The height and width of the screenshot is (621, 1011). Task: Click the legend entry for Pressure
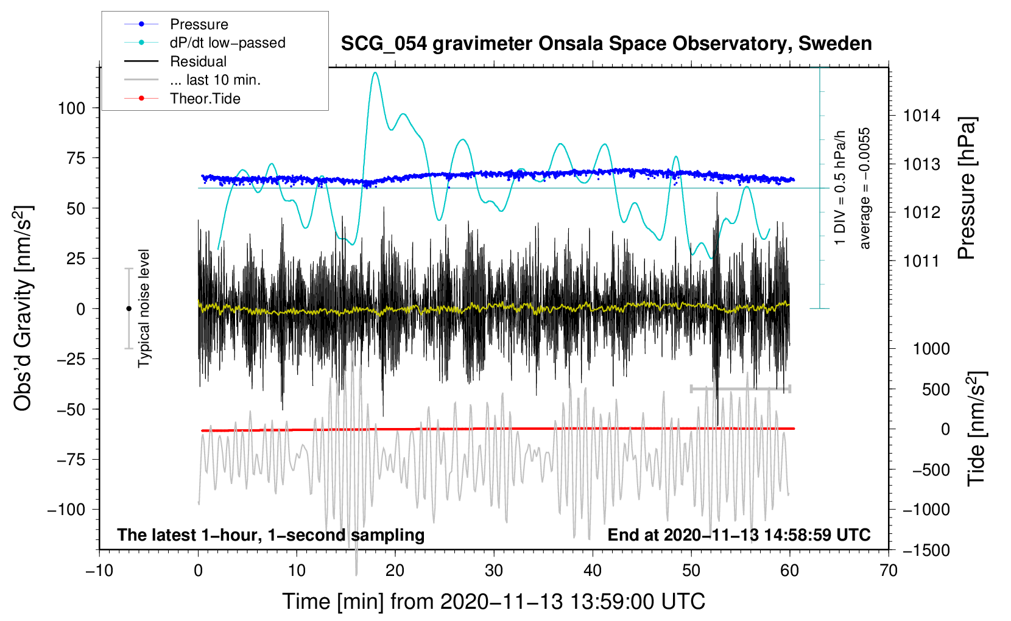[199, 24]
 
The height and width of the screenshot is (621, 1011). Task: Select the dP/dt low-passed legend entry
[227, 43]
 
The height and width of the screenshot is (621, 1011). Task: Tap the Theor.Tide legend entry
[205, 99]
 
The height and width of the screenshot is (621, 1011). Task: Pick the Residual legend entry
[198, 61]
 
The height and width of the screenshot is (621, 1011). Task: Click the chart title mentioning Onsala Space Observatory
[606, 44]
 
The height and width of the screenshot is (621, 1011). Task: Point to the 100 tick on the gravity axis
[71, 108]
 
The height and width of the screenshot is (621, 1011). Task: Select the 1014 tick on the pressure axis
[921, 116]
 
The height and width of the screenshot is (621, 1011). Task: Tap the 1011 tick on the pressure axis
[921, 261]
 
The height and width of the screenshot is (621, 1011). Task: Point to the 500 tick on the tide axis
[935, 390]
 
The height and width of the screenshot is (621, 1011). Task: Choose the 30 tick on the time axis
[494, 570]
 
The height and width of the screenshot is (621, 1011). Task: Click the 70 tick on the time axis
[889, 570]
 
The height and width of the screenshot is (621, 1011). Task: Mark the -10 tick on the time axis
[99, 570]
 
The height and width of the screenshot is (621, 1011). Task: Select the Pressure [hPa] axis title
[967, 188]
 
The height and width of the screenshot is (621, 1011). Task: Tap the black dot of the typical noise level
[129, 309]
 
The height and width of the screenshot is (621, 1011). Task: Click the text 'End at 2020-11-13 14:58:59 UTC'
[739, 535]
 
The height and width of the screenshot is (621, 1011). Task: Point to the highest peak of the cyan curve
[375, 73]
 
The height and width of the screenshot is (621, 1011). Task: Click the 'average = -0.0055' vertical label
[865, 188]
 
